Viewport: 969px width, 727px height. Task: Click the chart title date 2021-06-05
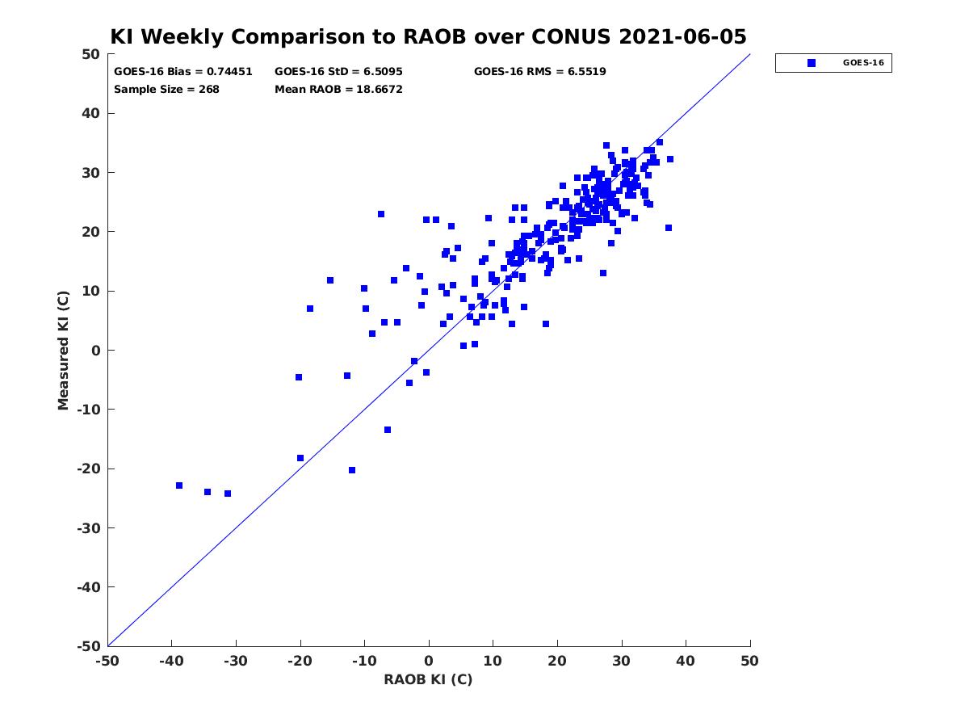pyautogui.click(x=682, y=36)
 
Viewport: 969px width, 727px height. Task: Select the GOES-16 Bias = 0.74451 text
pyautogui.click(x=182, y=72)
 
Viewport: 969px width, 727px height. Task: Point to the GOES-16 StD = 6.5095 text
pyautogui.click(x=338, y=72)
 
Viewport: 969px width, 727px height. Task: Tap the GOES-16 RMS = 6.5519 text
pyautogui.click(x=539, y=72)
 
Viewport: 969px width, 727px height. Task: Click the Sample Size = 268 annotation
pyautogui.click(x=166, y=90)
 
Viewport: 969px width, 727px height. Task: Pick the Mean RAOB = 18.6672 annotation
pyautogui.click(x=338, y=90)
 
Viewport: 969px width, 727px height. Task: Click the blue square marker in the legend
pyautogui.click(x=812, y=63)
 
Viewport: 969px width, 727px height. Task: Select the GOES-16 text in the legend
pyautogui.click(x=863, y=63)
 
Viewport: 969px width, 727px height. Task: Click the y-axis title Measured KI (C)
pyautogui.click(x=63, y=350)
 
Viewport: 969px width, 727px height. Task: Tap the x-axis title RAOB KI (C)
pyautogui.click(x=428, y=679)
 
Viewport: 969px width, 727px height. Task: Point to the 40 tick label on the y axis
pyautogui.click(x=91, y=113)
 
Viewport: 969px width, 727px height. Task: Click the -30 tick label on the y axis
pyautogui.click(x=88, y=528)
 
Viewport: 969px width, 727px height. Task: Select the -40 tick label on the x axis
pyautogui.click(x=171, y=661)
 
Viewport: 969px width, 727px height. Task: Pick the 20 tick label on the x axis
pyautogui.click(x=557, y=661)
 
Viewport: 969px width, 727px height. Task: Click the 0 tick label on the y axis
pyautogui.click(x=96, y=351)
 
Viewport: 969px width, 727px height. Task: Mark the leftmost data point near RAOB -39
pyautogui.click(x=179, y=485)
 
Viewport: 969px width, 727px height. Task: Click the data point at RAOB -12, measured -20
pyautogui.click(x=352, y=470)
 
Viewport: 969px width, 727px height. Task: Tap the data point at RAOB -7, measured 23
pyautogui.click(x=381, y=214)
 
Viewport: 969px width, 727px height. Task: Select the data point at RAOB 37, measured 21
pyautogui.click(x=669, y=228)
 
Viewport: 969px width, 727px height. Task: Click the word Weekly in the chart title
pyautogui.click(x=182, y=37)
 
